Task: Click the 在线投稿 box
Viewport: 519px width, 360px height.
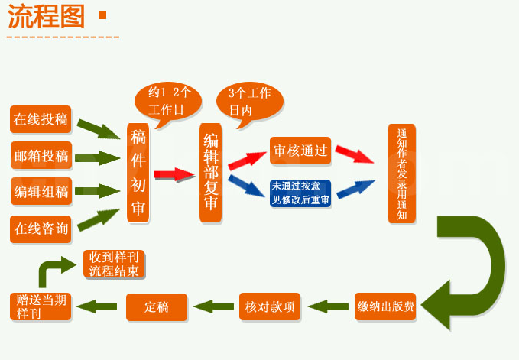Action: tap(41, 119)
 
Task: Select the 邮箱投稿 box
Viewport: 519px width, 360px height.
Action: tap(41, 156)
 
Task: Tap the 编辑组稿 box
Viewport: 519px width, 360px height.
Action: tap(41, 191)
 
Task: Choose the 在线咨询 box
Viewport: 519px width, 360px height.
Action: tap(41, 228)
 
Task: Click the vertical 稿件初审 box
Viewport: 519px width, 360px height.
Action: tap(138, 173)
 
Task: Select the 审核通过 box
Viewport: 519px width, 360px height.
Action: tap(300, 151)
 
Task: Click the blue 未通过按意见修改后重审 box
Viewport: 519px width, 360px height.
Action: tap(300, 194)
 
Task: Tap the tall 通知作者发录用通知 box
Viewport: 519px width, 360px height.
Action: tap(401, 174)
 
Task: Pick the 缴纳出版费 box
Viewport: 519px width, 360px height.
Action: tap(386, 306)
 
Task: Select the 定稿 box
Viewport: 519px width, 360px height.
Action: tap(156, 306)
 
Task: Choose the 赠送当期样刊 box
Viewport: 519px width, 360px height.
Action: tap(41, 306)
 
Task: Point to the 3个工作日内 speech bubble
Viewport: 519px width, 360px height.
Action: tap(249, 100)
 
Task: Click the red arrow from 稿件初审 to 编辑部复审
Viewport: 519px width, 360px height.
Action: tap(174, 174)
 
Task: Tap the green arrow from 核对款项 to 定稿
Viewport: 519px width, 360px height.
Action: tap(213, 306)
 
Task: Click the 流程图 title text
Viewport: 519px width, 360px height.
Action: tap(46, 17)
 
